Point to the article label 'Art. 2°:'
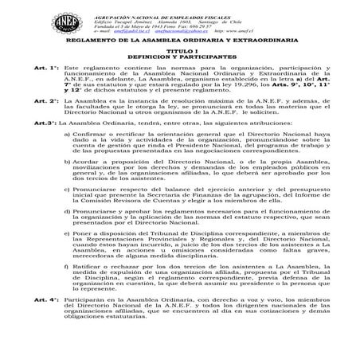click(37, 123)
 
